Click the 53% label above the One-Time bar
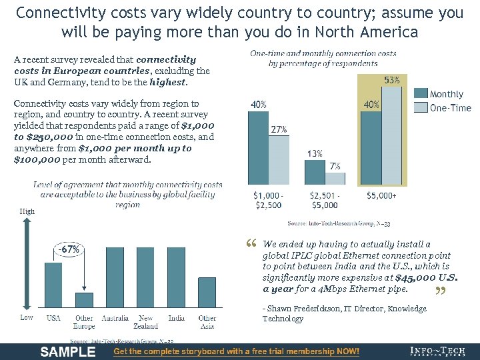click(x=393, y=80)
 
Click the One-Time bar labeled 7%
click(x=335, y=178)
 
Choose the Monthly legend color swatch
click(x=421, y=95)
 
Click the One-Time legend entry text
click(x=451, y=108)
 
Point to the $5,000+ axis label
click(x=381, y=196)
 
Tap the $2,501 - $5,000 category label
click(x=324, y=201)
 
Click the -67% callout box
click(x=68, y=249)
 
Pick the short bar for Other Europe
click(x=84, y=302)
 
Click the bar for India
click(x=177, y=273)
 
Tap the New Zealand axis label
click(x=146, y=322)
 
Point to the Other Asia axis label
click(x=207, y=322)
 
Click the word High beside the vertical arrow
click(x=27, y=211)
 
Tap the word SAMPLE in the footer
click(x=68, y=351)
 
